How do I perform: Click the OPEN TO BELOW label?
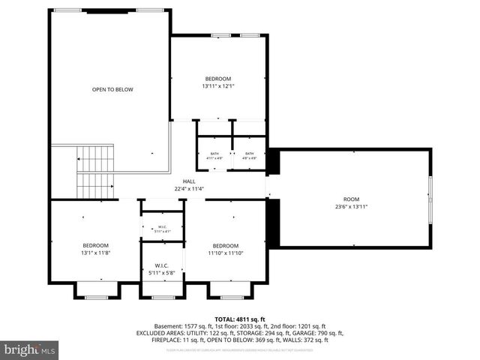click(x=112, y=89)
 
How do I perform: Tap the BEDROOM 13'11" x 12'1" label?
click(x=218, y=82)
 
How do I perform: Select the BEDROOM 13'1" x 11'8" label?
click(x=95, y=250)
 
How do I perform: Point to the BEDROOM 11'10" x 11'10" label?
click(x=225, y=250)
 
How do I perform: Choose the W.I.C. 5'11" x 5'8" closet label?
click(x=161, y=269)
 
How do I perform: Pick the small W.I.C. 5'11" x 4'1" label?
click(x=161, y=229)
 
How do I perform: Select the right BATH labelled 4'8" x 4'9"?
click(x=249, y=156)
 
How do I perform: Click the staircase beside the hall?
click(x=94, y=172)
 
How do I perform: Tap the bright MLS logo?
click(x=30, y=349)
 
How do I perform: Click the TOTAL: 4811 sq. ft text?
click(x=240, y=318)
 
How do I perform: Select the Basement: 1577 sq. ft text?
click(x=178, y=326)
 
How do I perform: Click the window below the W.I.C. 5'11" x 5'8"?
click(x=162, y=298)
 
